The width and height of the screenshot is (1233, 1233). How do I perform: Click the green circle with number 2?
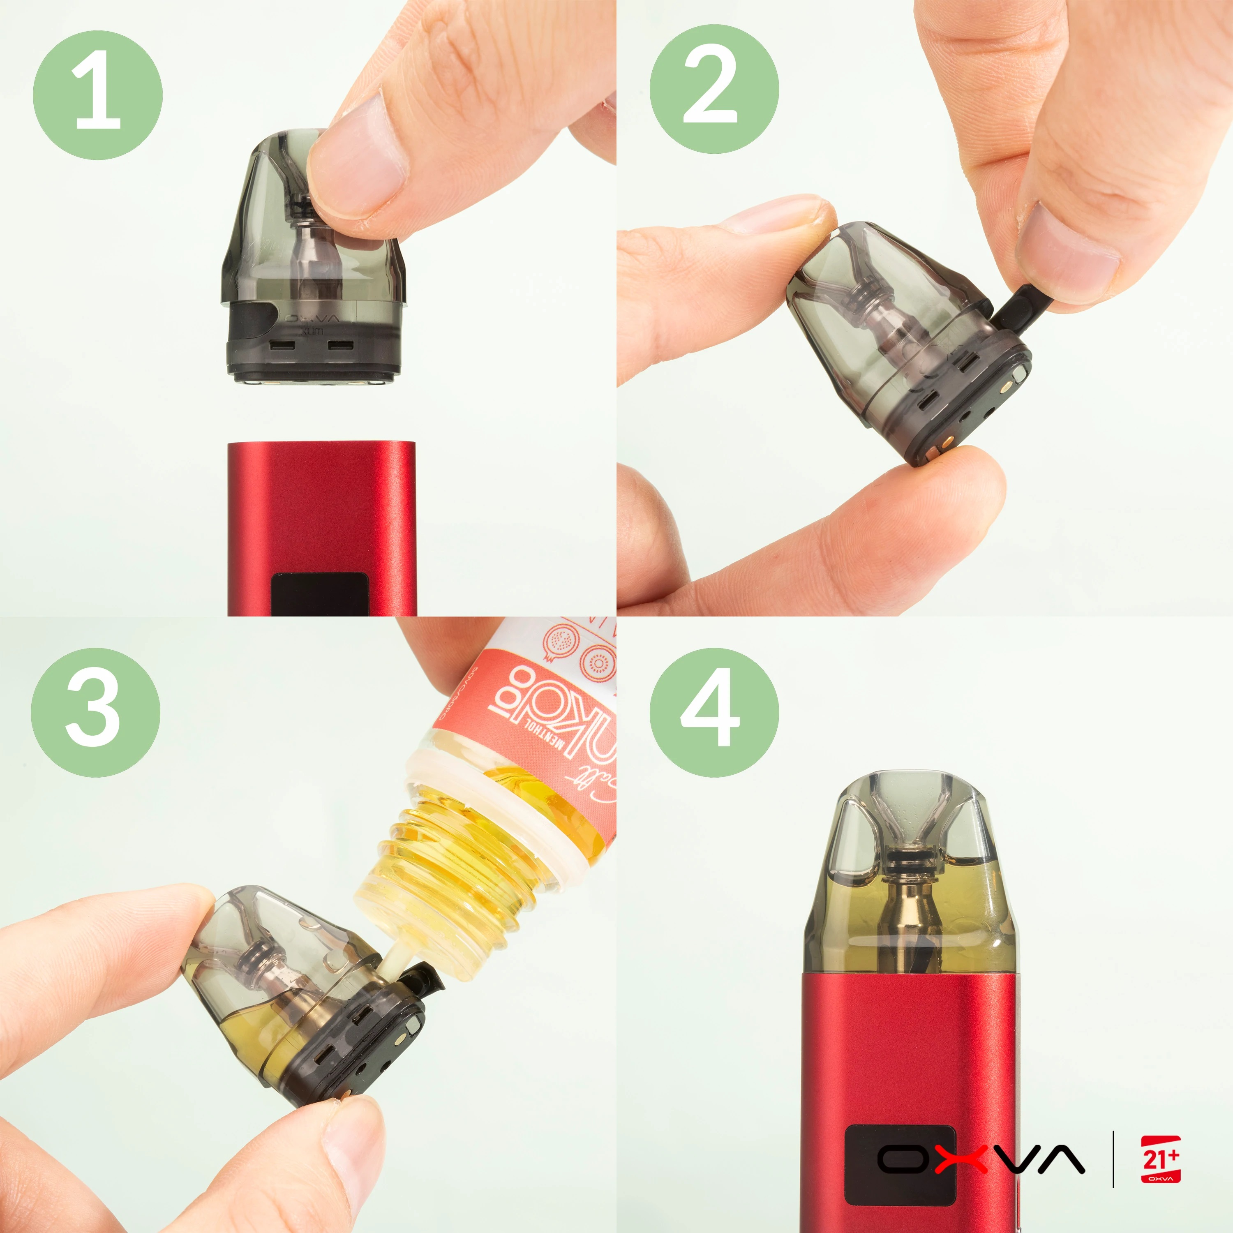pyautogui.click(x=714, y=89)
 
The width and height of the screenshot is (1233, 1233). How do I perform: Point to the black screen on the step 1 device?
pyautogui.click(x=319, y=593)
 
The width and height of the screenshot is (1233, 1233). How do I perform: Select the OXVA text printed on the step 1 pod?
pyautogui.click(x=313, y=318)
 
